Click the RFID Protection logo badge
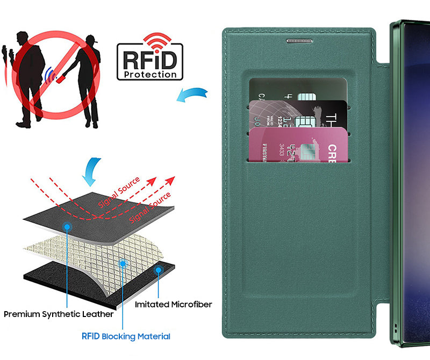coord(149,61)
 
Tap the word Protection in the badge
coord(149,75)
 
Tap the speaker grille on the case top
coord(300,41)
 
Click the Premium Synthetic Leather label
coord(59,314)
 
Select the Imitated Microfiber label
coord(173,305)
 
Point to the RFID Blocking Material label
coord(126,336)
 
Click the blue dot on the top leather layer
coord(67,227)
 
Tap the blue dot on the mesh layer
coord(123,263)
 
